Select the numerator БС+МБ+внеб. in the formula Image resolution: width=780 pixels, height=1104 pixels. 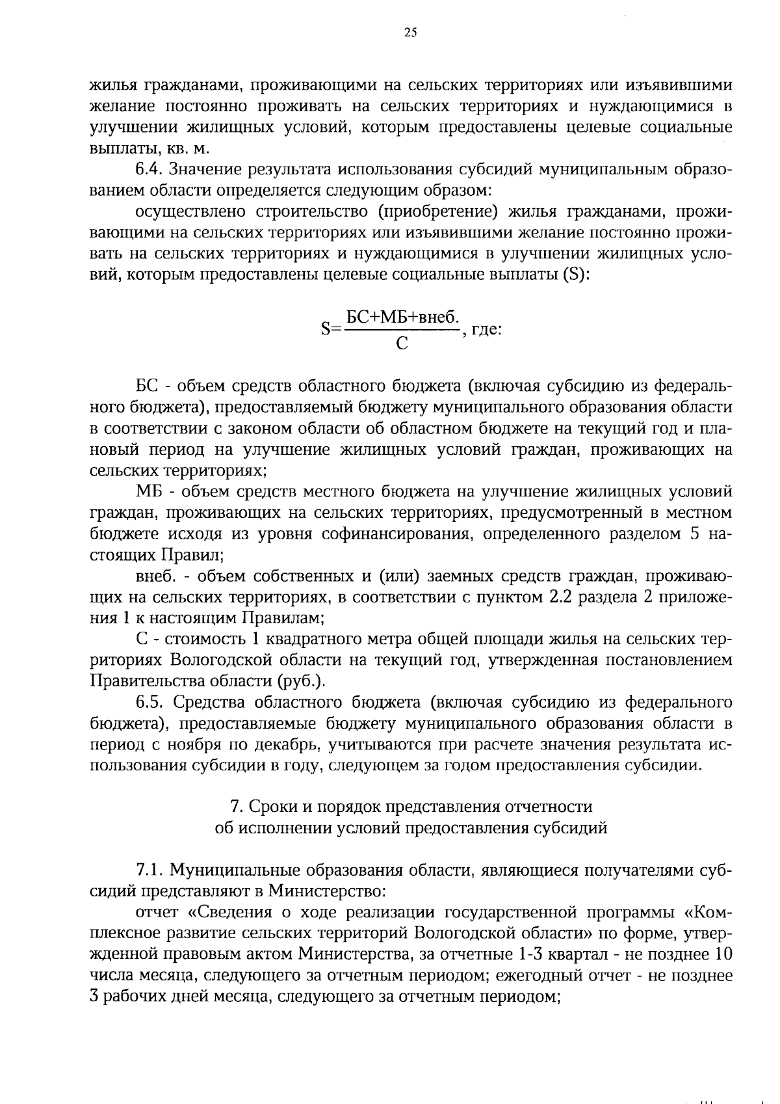402,317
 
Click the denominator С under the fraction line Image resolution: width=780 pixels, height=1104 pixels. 402,343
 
